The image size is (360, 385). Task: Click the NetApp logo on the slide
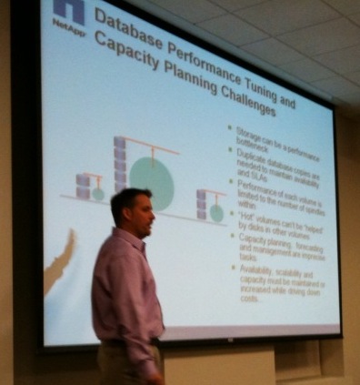click(68, 15)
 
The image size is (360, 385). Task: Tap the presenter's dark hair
click(128, 199)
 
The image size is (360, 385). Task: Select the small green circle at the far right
click(217, 212)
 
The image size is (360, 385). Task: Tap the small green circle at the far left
click(97, 193)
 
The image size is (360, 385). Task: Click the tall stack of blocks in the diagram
click(120, 163)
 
